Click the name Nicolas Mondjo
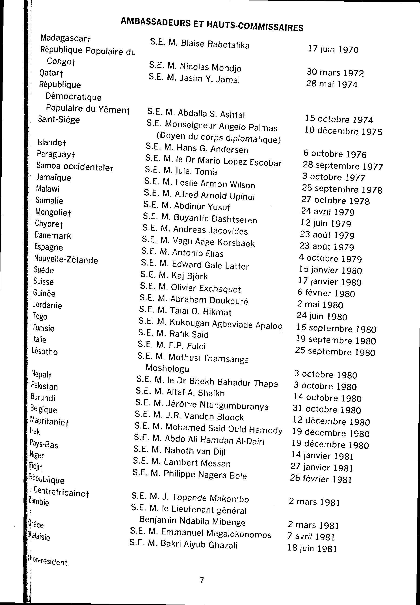[x=210, y=68]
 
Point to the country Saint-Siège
[x=59, y=120]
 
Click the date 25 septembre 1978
[x=342, y=189]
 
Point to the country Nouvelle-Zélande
[x=66, y=260]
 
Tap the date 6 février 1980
[x=326, y=293]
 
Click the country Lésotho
[x=44, y=351]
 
